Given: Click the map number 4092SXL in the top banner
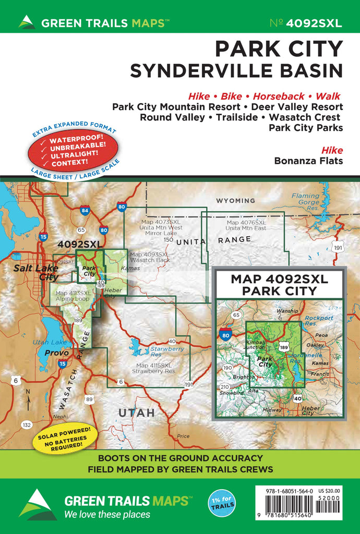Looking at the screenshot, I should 313,22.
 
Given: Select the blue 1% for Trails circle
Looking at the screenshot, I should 223,503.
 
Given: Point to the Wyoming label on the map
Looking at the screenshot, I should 235,200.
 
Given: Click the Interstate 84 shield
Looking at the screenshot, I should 85,211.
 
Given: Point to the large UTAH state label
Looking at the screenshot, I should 136,412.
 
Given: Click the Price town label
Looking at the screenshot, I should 183,436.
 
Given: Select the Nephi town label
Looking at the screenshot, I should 60,416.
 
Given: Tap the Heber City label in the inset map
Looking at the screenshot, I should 312,410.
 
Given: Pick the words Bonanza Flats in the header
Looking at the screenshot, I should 308,161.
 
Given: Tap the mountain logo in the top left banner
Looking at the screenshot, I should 26,22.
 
